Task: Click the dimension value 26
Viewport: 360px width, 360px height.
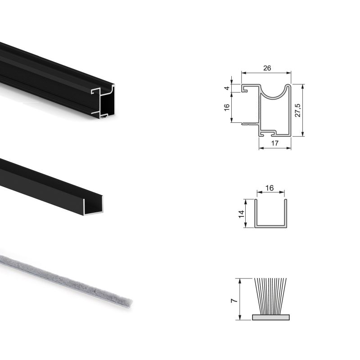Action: tap(266, 68)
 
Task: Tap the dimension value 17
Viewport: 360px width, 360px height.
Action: tap(275, 144)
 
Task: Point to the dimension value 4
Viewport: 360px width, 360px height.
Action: tap(227, 89)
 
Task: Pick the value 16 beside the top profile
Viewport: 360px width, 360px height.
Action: tap(227, 107)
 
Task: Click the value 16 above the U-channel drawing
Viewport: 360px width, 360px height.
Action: tap(270, 189)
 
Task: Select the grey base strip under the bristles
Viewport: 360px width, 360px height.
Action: tap(270, 317)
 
